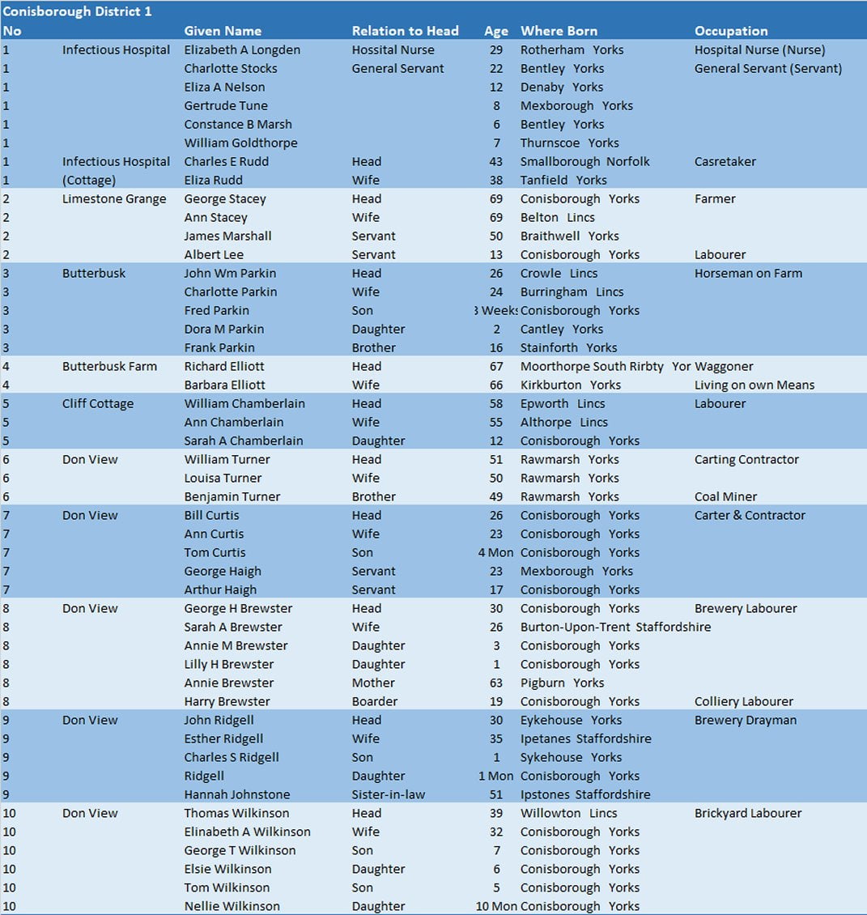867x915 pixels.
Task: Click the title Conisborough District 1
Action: pyautogui.click(x=77, y=12)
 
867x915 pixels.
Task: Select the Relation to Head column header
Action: pyautogui.click(x=405, y=31)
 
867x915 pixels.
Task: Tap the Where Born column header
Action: pyautogui.click(x=559, y=31)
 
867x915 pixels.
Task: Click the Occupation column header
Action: pyautogui.click(x=731, y=31)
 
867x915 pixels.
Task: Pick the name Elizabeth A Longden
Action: pyautogui.click(x=242, y=50)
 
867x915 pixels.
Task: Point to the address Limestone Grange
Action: pyautogui.click(x=114, y=199)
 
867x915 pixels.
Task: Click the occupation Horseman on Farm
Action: pyautogui.click(x=748, y=274)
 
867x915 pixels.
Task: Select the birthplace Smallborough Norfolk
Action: pyautogui.click(x=584, y=162)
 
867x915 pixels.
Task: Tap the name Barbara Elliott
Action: pyautogui.click(x=224, y=385)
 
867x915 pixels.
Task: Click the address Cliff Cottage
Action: pyautogui.click(x=98, y=404)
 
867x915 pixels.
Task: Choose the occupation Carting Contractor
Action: pyautogui.click(x=746, y=460)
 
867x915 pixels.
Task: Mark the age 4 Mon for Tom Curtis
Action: pyautogui.click(x=495, y=553)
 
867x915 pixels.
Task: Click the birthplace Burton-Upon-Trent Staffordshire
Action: pyautogui.click(x=615, y=628)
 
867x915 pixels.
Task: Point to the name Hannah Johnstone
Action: pyautogui.click(x=236, y=795)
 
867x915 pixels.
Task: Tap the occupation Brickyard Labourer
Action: pyautogui.click(x=748, y=814)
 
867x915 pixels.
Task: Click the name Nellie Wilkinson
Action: pyautogui.click(x=232, y=907)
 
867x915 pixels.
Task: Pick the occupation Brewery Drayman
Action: pyautogui.click(x=746, y=721)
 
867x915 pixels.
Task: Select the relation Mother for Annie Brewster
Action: pyautogui.click(x=373, y=683)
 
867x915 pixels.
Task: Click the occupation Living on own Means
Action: pyautogui.click(x=754, y=385)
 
